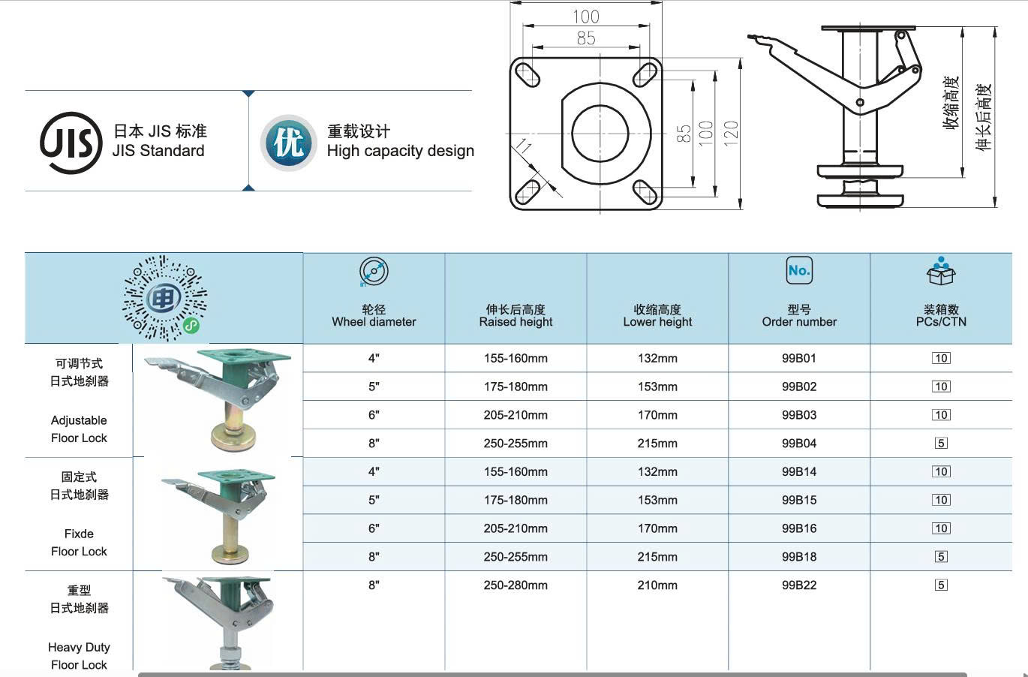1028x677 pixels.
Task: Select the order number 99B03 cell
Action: point(798,415)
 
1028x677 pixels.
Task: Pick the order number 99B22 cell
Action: point(798,585)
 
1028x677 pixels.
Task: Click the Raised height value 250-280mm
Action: point(516,585)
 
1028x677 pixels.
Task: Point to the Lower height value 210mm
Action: point(657,585)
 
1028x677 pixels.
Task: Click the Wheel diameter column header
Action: point(374,316)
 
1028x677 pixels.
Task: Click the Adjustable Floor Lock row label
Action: point(79,429)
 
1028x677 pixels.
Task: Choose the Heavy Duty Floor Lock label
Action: point(79,656)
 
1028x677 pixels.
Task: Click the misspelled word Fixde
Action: point(79,534)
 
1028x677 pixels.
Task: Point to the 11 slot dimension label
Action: point(524,147)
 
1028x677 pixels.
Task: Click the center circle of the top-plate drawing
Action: point(600,134)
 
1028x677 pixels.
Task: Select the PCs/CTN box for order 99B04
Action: point(941,444)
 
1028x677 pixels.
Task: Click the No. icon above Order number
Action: point(798,270)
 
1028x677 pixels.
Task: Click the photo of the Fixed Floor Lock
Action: point(218,514)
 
